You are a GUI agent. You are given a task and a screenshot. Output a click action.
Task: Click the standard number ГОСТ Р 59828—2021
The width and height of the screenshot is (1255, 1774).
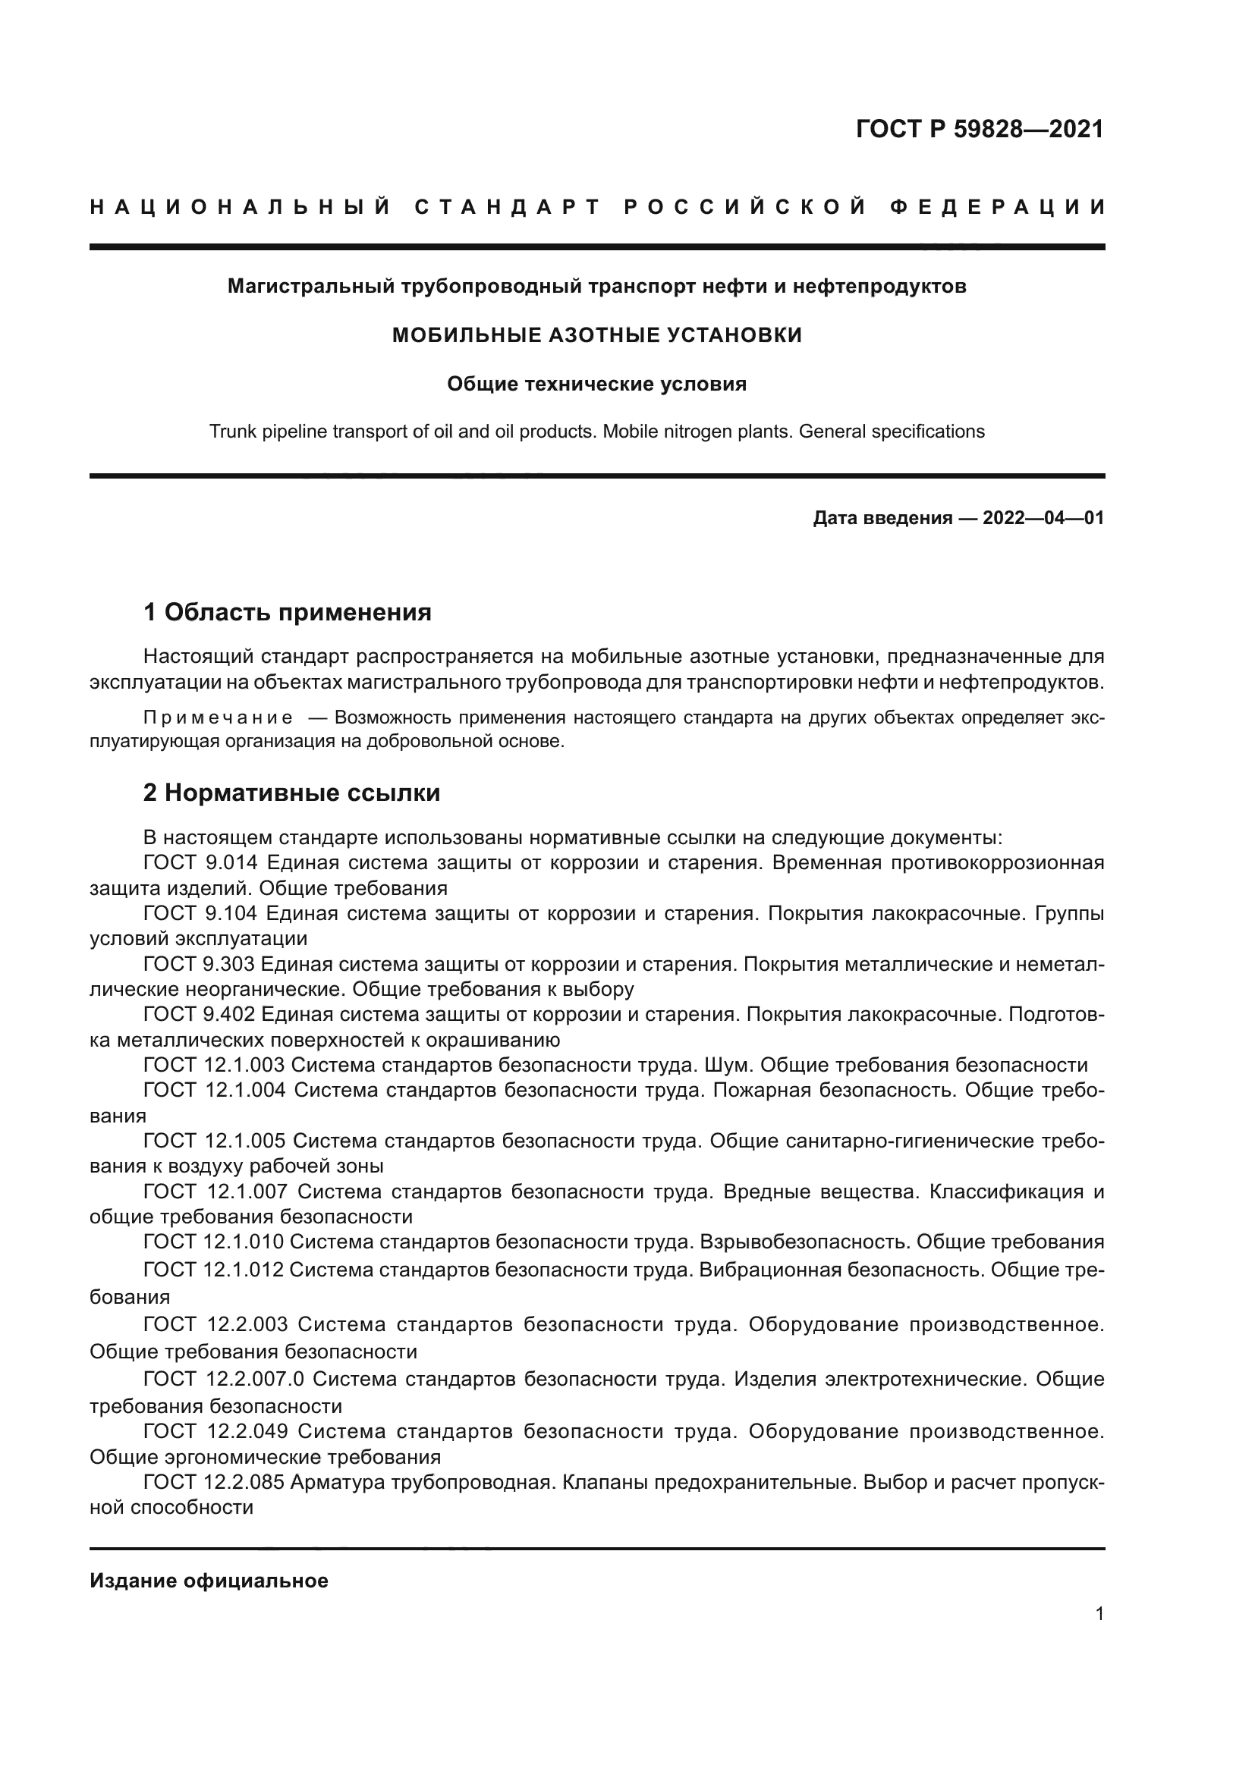pyautogui.click(x=979, y=129)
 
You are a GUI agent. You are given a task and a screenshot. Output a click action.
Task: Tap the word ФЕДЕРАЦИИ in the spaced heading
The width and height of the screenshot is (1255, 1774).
pyautogui.click(x=998, y=207)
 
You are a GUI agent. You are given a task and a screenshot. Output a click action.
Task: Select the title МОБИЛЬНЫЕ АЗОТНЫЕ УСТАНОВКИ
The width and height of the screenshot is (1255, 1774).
pyautogui.click(x=596, y=335)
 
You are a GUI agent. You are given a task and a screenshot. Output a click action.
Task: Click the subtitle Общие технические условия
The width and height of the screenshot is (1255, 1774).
pyautogui.click(x=596, y=384)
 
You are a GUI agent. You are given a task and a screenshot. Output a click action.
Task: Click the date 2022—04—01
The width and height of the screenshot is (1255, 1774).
pyautogui.click(x=1043, y=518)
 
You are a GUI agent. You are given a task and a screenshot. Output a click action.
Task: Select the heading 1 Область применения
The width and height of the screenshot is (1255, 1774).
pyautogui.click(x=288, y=613)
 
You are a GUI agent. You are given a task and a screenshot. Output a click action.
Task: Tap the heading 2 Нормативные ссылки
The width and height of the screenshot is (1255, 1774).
pyautogui.click(x=291, y=793)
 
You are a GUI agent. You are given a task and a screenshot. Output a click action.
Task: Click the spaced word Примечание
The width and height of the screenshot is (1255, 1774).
pyautogui.click(x=218, y=717)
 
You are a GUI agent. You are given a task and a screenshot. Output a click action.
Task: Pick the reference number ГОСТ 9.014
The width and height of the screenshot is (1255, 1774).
pyautogui.click(x=200, y=863)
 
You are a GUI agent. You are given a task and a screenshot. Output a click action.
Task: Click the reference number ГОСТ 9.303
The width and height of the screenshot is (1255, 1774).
pyautogui.click(x=200, y=964)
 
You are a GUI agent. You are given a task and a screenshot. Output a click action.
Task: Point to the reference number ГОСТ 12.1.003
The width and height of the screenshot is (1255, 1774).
pyautogui.click(x=214, y=1066)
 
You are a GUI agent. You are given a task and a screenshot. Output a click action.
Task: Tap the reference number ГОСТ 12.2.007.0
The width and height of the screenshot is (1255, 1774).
pyautogui.click(x=223, y=1379)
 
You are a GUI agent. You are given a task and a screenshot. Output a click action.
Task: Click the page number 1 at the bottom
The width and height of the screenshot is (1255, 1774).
pyautogui.click(x=1099, y=1613)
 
